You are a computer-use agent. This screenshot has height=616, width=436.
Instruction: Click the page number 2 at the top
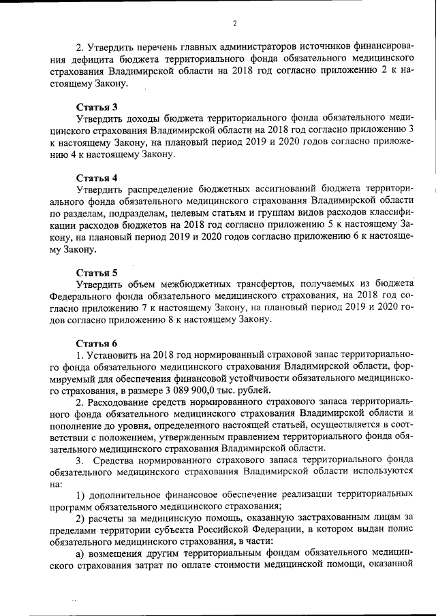[234, 23]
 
